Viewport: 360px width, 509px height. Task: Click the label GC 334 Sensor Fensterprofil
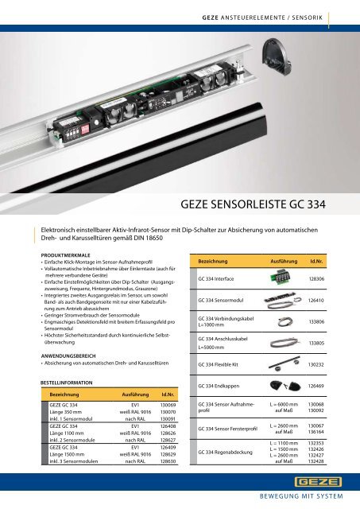[x=223, y=429]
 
